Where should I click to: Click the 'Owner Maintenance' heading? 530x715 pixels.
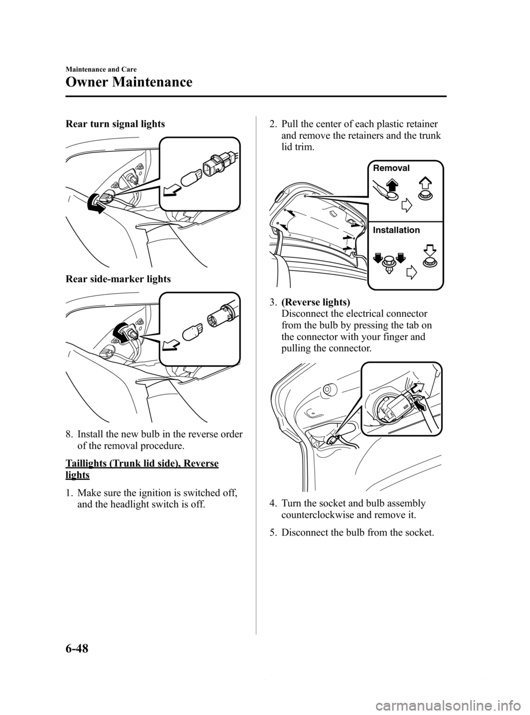[129, 82]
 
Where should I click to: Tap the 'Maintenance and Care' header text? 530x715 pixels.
[101, 70]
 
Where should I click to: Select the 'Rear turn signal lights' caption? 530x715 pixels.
[115, 124]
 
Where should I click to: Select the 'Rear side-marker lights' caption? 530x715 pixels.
[118, 279]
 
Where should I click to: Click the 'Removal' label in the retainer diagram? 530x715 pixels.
[391, 168]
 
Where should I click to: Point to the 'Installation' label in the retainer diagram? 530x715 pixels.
[396, 230]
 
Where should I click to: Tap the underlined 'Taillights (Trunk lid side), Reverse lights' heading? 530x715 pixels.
[142, 469]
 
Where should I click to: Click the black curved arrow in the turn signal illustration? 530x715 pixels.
[96, 205]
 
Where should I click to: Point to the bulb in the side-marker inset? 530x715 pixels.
[193, 332]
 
